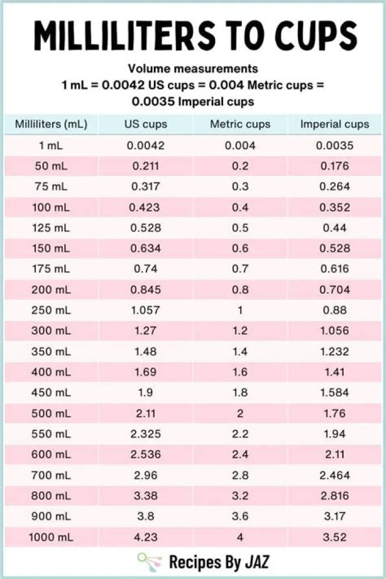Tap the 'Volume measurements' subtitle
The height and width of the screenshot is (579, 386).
click(x=193, y=69)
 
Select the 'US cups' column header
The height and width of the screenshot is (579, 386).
click(x=146, y=124)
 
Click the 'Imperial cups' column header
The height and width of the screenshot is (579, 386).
click(x=335, y=124)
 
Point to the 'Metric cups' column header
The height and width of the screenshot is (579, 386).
click(x=240, y=124)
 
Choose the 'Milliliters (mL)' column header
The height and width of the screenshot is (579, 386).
click(x=51, y=124)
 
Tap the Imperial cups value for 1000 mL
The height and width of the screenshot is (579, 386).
click(x=335, y=537)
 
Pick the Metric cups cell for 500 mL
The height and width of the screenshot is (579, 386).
click(x=240, y=413)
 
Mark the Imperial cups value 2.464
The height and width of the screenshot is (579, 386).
click(x=335, y=475)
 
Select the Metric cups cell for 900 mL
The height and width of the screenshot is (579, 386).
click(x=240, y=516)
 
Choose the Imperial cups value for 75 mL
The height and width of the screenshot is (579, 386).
click(x=335, y=187)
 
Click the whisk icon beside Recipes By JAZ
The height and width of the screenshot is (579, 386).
click(x=149, y=561)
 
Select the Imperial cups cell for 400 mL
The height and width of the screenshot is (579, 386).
click(x=335, y=372)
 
